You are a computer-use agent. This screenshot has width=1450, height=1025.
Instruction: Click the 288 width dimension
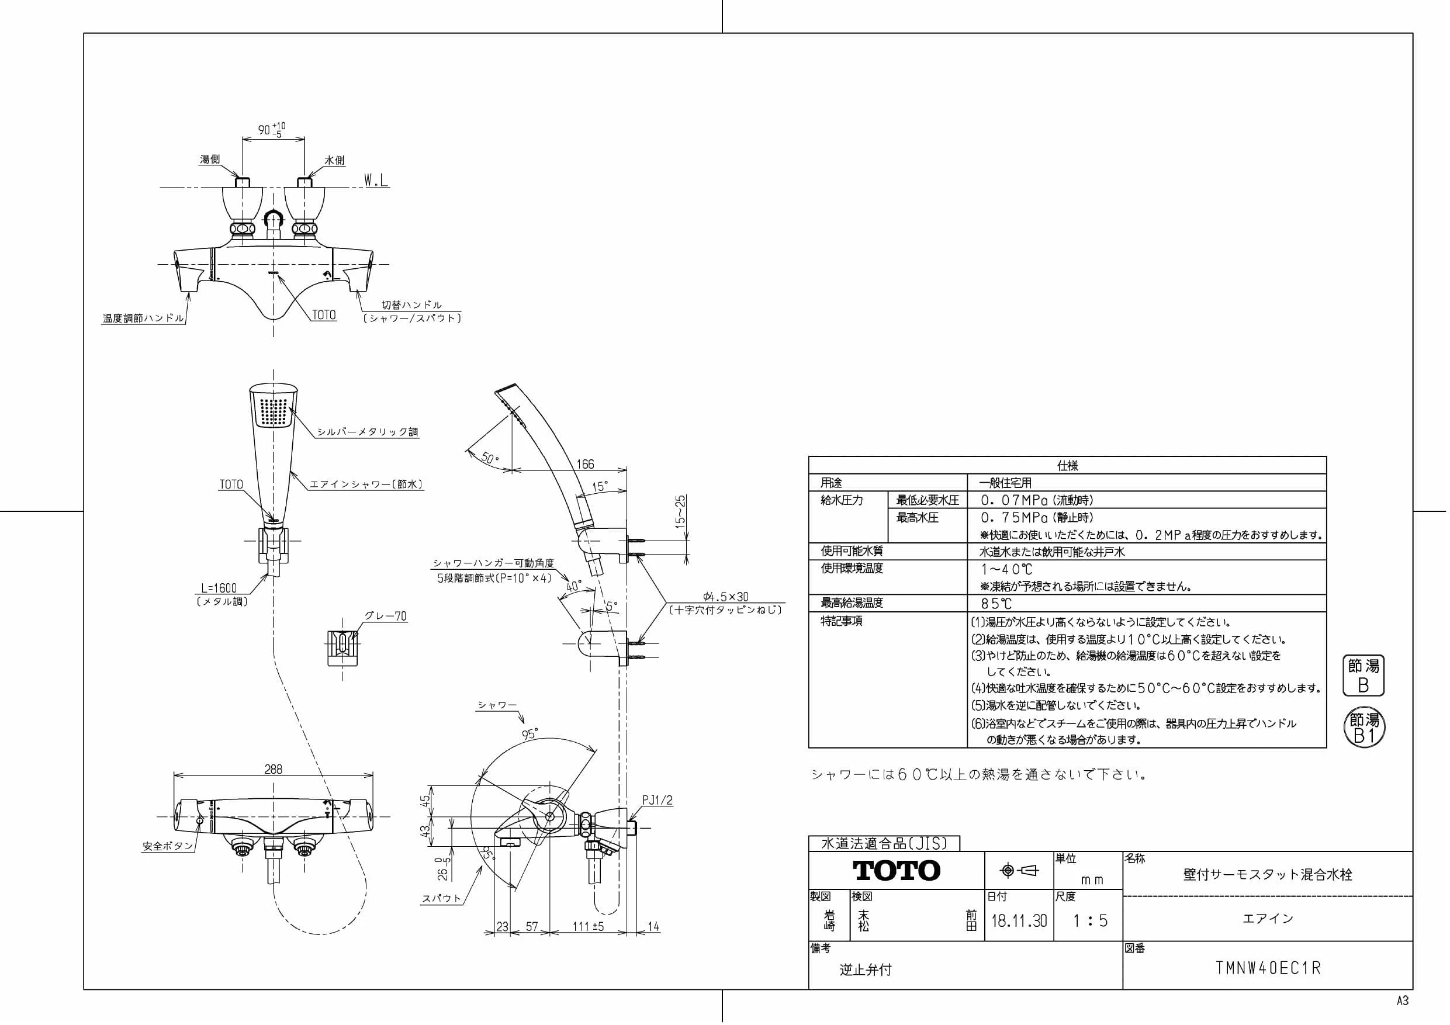pyautogui.click(x=273, y=768)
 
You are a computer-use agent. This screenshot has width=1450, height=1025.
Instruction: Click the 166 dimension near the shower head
pyautogui.click(x=585, y=464)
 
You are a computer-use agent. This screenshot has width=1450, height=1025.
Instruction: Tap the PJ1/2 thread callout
pyautogui.click(x=657, y=800)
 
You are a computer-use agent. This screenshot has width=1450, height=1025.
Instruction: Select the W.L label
pyautogui.click(x=376, y=181)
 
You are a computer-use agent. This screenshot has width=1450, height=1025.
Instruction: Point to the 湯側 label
pyautogui.click(x=210, y=159)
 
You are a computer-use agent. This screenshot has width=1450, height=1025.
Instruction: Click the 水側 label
pyautogui.click(x=334, y=161)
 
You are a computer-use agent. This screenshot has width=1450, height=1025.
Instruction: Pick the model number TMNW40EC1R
pyautogui.click(x=1268, y=968)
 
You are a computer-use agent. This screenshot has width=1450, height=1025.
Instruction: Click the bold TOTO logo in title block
pyautogui.click(x=896, y=871)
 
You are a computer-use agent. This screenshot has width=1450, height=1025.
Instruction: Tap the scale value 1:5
pyautogui.click(x=1090, y=920)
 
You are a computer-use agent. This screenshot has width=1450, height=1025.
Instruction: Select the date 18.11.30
pyautogui.click(x=1019, y=920)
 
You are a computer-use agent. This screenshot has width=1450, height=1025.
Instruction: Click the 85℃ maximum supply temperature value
pyautogui.click(x=996, y=604)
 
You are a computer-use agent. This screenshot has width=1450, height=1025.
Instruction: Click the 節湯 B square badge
pyautogui.click(x=1364, y=675)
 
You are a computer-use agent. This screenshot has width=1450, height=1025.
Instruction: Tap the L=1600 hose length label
pyautogui.click(x=219, y=588)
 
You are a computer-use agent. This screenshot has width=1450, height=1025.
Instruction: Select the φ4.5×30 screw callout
pyautogui.click(x=726, y=596)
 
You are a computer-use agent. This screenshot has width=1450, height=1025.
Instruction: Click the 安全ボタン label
pyautogui.click(x=167, y=846)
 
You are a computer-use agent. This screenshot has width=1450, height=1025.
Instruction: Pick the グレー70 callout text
pyautogui.click(x=385, y=616)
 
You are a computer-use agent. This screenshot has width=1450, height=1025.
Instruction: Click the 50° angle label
pyautogui.click(x=489, y=456)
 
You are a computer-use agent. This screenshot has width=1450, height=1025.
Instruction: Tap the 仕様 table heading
pyautogui.click(x=1067, y=465)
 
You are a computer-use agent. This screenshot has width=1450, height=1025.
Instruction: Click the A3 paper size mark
pyautogui.click(x=1403, y=1000)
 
